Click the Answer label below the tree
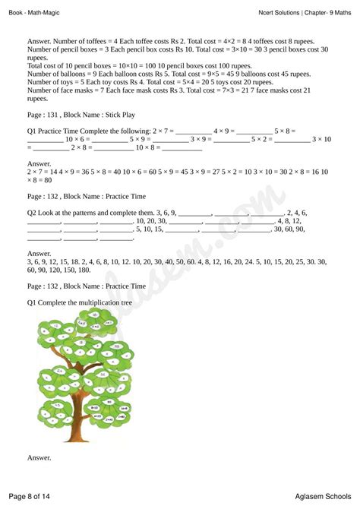[x=39, y=457]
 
